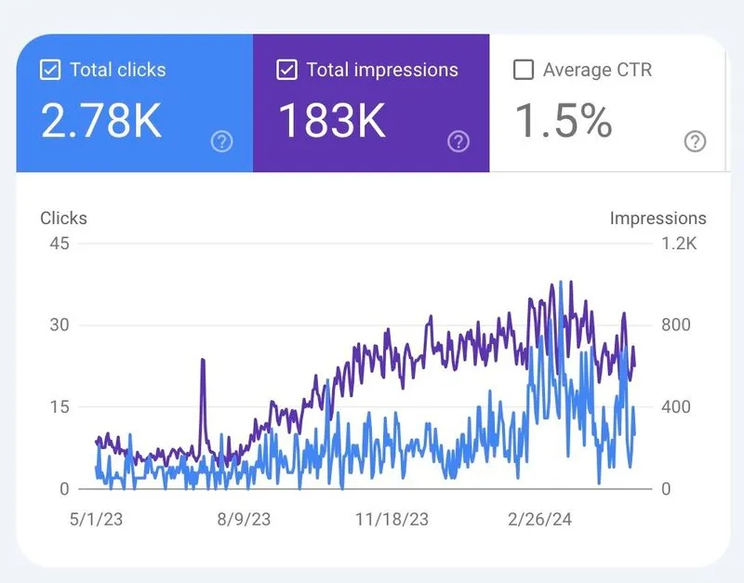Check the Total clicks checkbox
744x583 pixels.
tap(49, 70)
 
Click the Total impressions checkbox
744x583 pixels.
tap(286, 70)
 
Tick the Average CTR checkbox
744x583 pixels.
tap(524, 70)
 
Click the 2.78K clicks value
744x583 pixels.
tap(101, 120)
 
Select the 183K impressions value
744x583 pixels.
tap(333, 120)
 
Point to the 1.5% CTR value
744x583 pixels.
tap(564, 120)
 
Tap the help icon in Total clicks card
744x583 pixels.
tap(221, 141)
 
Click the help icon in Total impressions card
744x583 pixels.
tap(458, 141)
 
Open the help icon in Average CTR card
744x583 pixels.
tap(695, 141)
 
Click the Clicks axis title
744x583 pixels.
tap(63, 219)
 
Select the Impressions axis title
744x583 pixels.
tap(658, 219)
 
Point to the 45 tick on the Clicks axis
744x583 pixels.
tap(59, 244)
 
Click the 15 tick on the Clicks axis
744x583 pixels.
tap(59, 406)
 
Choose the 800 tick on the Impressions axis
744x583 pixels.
tap(675, 325)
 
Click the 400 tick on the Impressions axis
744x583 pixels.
tap(675, 406)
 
